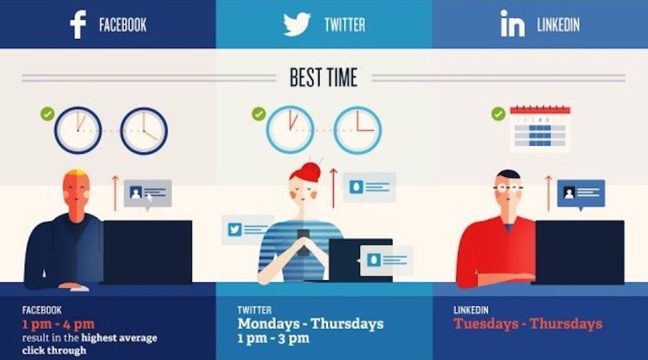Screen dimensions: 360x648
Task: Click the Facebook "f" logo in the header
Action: [x=78, y=25]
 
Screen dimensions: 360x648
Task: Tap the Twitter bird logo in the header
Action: [x=297, y=25]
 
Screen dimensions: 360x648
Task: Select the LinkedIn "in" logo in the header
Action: [x=512, y=25]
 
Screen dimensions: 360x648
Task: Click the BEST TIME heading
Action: [x=323, y=78]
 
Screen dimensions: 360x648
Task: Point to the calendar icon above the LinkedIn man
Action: [x=539, y=128]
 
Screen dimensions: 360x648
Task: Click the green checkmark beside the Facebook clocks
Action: [x=48, y=114]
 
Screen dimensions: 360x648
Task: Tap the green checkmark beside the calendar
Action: [x=498, y=114]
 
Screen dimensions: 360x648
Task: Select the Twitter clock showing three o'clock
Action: [x=357, y=130]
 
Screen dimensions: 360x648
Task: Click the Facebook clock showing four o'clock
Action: [x=144, y=131]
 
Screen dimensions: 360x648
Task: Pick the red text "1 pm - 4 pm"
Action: [x=58, y=325]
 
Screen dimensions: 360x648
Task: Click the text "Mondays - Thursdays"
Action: [x=310, y=323]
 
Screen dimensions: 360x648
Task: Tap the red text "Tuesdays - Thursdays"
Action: [x=528, y=324]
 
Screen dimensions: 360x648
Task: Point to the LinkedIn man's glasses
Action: [x=508, y=188]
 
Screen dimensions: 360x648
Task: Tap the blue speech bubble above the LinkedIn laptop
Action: [x=580, y=193]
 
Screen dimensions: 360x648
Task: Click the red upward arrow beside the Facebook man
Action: [x=115, y=191]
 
